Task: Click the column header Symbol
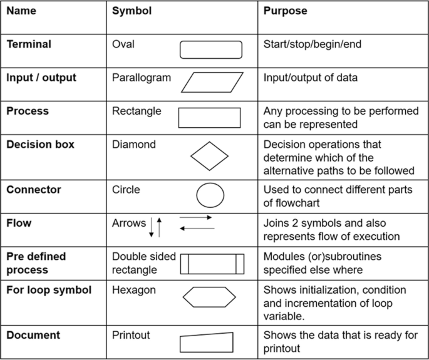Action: [x=132, y=11]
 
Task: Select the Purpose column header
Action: [x=285, y=11]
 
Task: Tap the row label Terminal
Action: [x=29, y=44]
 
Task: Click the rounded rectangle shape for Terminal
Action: [x=211, y=49]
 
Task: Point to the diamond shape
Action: [x=210, y=156]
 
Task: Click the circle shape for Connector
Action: [x=210, y=195]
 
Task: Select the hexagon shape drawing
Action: [x=210, y=296]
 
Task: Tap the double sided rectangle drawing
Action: [x=212, y=264]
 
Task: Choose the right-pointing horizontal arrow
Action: [x=195, y=218]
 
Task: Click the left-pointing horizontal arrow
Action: [x=197, y=229]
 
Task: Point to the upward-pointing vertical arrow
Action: [x=160, y=226]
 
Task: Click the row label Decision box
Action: [x=40, y=145]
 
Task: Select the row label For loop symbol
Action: [x=49, y=291]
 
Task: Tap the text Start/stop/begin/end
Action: [x=313, y=44]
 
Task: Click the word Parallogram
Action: [x=141, y=78]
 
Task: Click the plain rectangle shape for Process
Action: [x=210, y=118]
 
